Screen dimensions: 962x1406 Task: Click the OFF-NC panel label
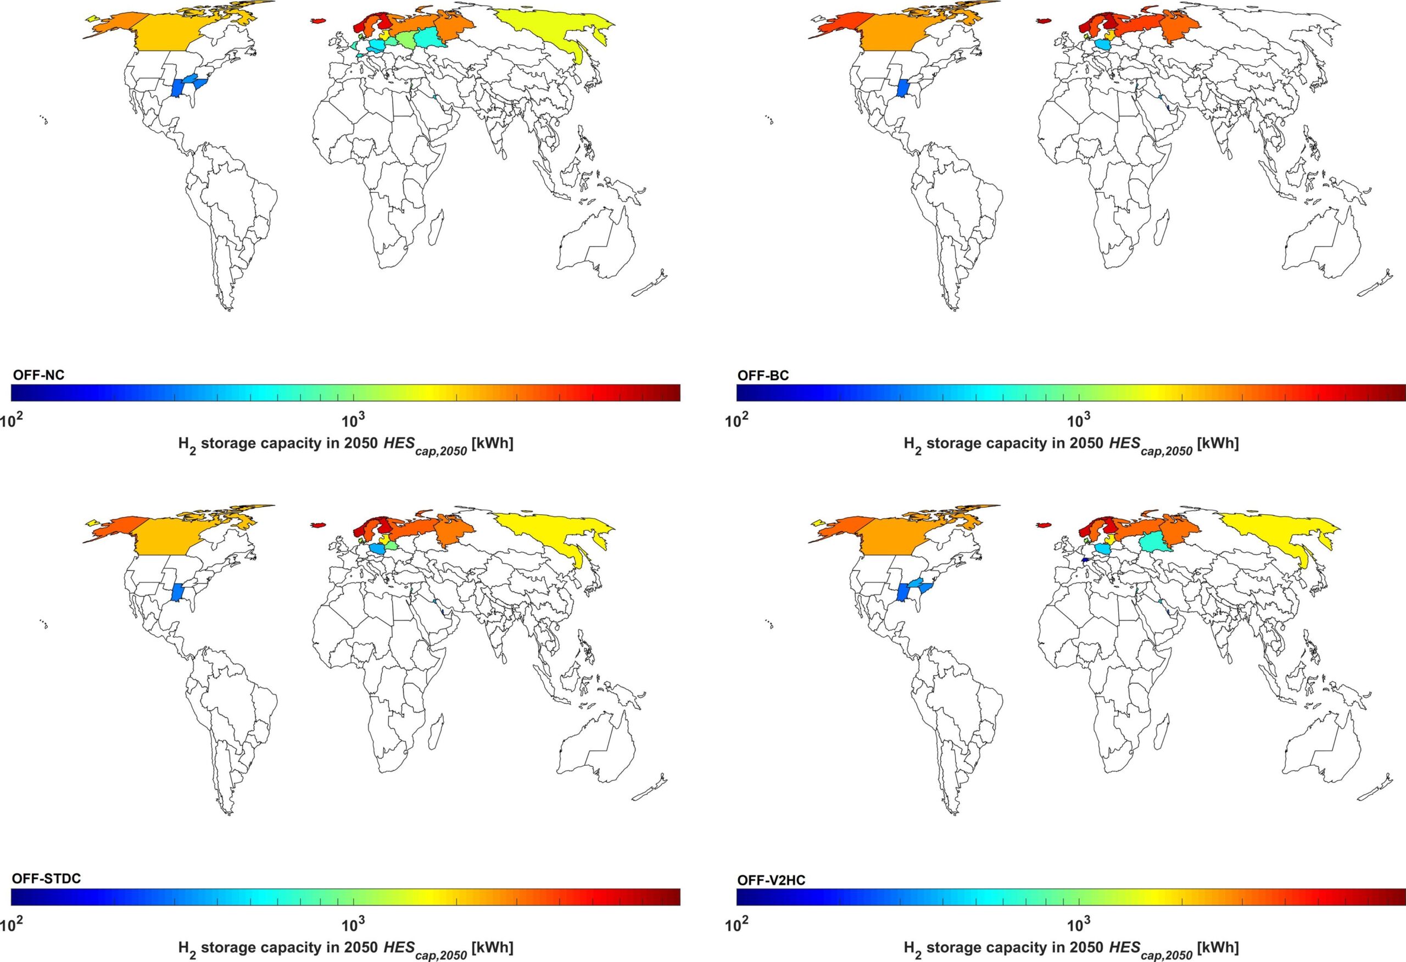click(38, 376)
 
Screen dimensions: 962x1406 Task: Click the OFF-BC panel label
click(763, 376)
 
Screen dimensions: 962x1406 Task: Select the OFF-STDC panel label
click(46, 878)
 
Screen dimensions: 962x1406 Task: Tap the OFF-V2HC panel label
click(771, 878)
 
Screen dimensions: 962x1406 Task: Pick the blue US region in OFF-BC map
click(904, 88)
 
